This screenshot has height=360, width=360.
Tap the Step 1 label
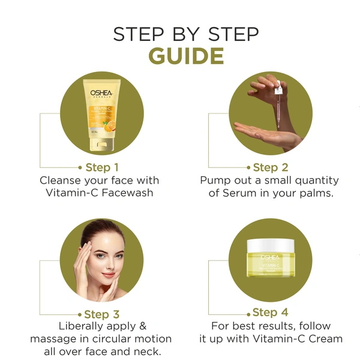pos(102,167)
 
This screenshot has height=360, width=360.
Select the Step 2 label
pos(271,167)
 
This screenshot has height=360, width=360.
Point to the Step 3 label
pos(102,314)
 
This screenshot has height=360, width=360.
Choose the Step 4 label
pos(271,313)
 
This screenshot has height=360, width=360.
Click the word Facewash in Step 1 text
pos(127,193)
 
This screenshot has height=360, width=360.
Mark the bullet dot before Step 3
pos(79,314)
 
